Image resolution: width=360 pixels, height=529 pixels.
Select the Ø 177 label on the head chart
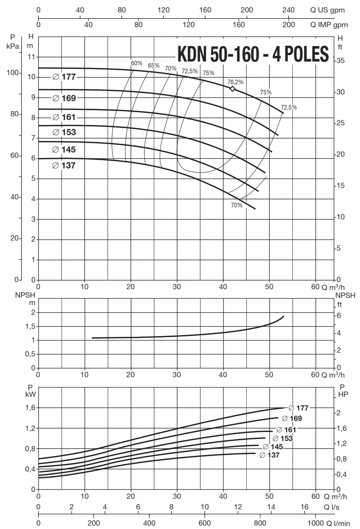pyautogui.click(x=64, y=77)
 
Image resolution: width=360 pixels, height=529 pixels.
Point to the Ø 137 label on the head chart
pyautogui.click(x=64, y=165)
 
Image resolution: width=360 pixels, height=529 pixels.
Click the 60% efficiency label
pyautogui.click(x=136, y=63)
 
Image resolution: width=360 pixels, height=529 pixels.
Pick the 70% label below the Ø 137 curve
pyautogui.click(x=236, y=205)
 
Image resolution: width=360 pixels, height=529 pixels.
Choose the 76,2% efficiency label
pyautogui.click(x=235, y=82)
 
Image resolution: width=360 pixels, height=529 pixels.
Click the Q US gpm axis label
pyautogui.click(x=327, y=10)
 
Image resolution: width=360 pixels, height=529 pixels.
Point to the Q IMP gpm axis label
pyautogui.click(x=329, y=25)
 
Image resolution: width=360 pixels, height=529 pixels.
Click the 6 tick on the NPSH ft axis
pyautogui.click(x=339, y=315)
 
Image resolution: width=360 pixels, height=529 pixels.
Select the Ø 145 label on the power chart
pyautogui.click(x=273, y=447)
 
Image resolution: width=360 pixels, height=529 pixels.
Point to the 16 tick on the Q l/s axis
pyautogui.click(x=304, y=507)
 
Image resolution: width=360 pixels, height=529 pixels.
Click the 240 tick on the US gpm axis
pyautogui.click(x=289, y=10)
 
